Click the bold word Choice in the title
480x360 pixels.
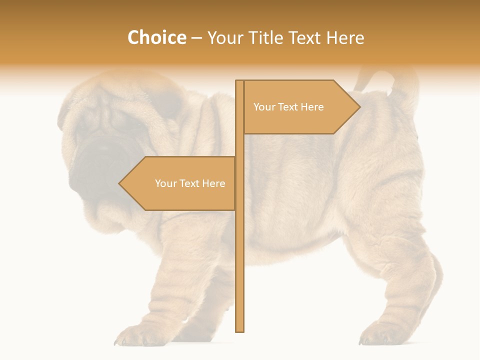click(156, 37)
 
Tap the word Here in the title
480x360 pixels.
click(345, 37)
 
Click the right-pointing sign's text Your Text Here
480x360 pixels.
click(288, 107)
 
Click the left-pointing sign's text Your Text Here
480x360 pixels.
click(190, 183)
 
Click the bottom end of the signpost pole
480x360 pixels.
click(239, 330)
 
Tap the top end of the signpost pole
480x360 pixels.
click(239, 82)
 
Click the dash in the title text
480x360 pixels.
click(196, 37)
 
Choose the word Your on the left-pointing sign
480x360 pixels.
click(165, 183)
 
